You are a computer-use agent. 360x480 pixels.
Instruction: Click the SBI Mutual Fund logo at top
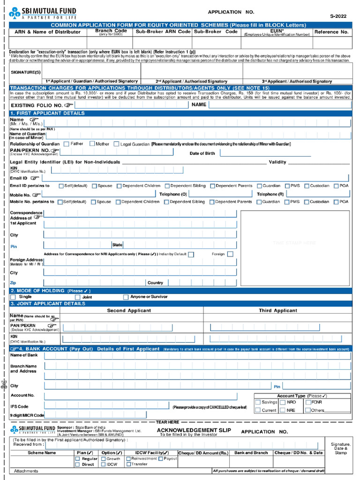(x=43, y=13)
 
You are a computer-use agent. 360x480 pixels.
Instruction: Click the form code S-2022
(x=338, y=16)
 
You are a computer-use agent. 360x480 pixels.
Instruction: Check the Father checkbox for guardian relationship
(x=66, y=144)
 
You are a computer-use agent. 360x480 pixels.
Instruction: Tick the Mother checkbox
(x=92, y=144)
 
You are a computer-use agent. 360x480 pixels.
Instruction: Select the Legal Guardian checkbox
(x=116, y=144)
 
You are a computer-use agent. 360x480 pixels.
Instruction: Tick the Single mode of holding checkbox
(x=13, y=297)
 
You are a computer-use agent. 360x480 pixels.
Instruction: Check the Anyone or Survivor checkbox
(x=126, y=297)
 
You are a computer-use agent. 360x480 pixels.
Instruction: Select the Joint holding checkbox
(x=78, y=297)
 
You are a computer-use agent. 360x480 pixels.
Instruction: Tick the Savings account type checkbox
(x=258, y=402)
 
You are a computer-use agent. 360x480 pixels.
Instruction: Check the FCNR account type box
(x=308, y=402)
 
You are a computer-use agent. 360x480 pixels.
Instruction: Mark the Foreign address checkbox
(x=230, y=254)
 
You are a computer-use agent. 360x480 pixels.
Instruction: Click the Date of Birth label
(x=202, y=153)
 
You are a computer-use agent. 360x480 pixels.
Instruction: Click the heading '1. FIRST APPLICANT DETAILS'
(x=47, y=113)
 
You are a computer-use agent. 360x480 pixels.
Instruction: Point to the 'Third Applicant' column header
(x=278, y=310)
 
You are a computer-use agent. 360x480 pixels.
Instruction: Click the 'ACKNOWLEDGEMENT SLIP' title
(x=187, y=430)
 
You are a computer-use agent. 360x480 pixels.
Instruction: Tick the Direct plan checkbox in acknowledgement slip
(x=78, y=465)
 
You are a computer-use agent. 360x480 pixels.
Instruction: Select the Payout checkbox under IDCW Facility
(x=160, y=459)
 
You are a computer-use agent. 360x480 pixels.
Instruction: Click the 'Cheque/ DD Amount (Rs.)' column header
(x=203, y=453)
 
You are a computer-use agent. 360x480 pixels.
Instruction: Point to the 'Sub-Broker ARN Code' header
(x=163, y=32)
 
